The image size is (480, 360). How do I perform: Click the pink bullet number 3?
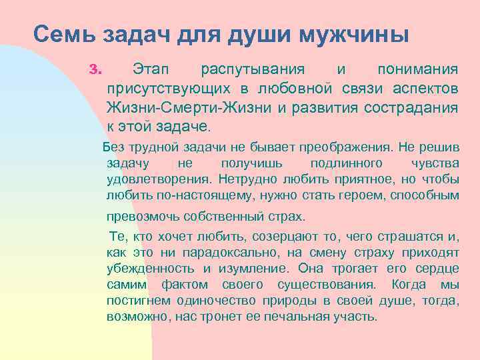point(94,69)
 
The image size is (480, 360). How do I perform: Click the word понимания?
point(417,69)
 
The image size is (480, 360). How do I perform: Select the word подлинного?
point(346,163)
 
